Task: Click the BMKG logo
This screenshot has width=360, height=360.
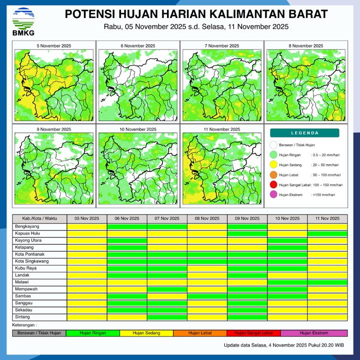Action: pos(22,21)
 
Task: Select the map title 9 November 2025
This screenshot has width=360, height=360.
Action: pos(54,129)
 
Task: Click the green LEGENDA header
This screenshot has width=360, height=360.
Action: pos(304,133)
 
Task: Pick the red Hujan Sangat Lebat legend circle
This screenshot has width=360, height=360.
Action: pos(273,185)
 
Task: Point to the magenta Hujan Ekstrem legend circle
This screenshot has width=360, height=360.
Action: pos(273,195)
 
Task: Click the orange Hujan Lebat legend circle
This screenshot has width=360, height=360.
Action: pos(273,175)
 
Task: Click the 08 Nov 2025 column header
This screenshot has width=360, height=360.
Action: pos(207,219)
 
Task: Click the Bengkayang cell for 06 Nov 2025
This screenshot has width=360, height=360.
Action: pos(127,226)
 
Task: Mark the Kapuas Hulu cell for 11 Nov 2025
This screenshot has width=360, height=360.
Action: pos(327,233)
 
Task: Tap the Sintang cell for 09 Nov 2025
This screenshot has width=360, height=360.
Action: pos(247,317)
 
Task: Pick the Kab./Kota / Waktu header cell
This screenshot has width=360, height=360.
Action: pos(39,219)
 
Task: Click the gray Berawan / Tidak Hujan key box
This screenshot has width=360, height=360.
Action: pos(39,333)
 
